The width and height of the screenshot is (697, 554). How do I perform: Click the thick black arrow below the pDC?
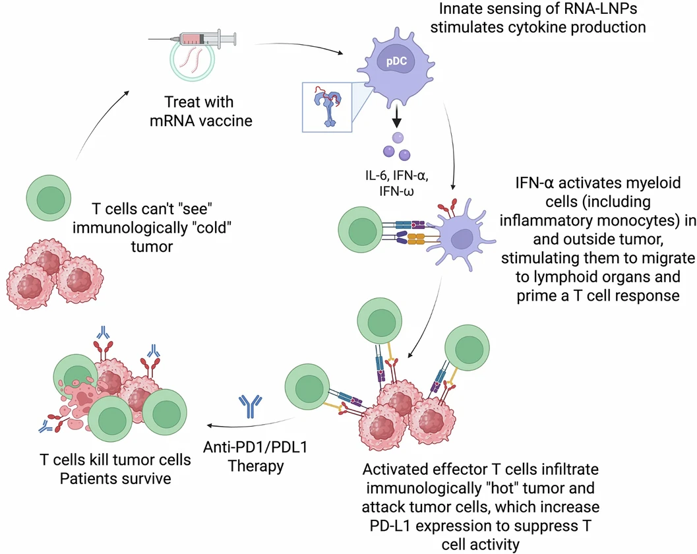(x=398, y=119)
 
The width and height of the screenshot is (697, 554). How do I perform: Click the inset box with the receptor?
(x=327, y=107)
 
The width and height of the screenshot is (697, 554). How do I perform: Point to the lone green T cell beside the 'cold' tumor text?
(x=47, y=198)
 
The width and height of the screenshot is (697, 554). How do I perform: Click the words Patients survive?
(x=115, y=477)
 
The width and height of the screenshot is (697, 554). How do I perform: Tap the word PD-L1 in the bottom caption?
(x=388, y=525)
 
